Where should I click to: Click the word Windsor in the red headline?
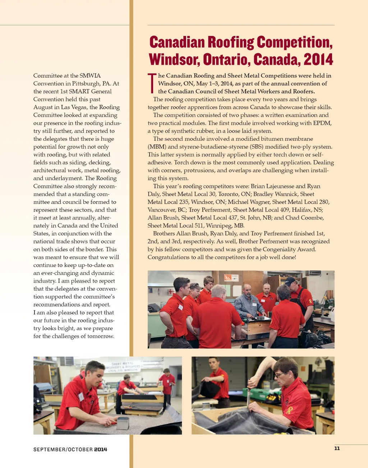[174, 60]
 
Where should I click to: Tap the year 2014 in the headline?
[318, 60]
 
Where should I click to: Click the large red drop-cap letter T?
[152, 83]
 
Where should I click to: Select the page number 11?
[337, 448]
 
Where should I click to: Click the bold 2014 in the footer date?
[101, 449]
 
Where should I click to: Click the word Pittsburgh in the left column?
[87, 83]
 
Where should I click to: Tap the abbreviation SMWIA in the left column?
[90, 75]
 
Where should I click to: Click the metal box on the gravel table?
[123, 423]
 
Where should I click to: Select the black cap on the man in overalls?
[290, 281]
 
